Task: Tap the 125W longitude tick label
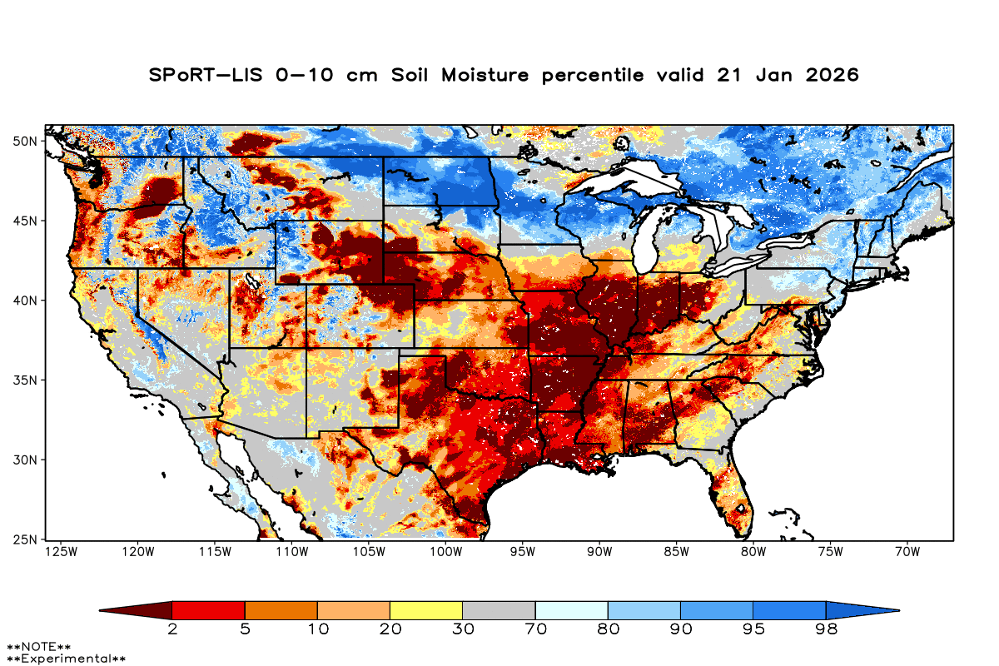60,551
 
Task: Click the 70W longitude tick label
906,551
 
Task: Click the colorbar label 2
172,629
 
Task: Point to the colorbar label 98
826,629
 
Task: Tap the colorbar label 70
535,629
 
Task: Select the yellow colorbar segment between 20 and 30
426,610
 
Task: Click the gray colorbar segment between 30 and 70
499,610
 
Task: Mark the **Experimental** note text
67,659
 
